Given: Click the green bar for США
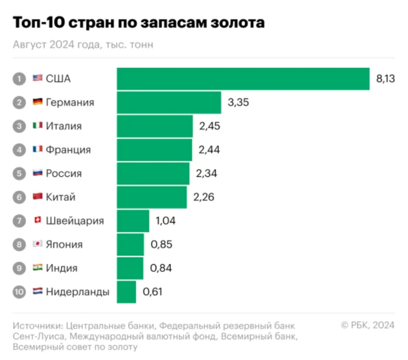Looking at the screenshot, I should click(243, 78).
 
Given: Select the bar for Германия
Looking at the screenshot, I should click(169, 102).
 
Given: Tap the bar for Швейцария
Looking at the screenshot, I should click(133, 221).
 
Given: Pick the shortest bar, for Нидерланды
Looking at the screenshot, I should click(126, 292).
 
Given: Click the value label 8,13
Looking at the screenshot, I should click(384, 78).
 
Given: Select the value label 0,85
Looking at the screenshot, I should click(160, 245).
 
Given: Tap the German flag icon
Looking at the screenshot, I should click(37, 102).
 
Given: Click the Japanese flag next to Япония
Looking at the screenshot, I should click(37, 245).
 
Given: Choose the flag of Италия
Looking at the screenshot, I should click(37, 126).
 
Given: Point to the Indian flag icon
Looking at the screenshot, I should click(37, 268).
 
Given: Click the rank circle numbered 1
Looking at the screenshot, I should click(19, 78).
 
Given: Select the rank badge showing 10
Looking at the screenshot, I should click(19, 292).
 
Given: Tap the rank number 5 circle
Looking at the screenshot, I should click(19, 173).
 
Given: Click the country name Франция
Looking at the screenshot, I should click(68, 150).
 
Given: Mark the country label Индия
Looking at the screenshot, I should click(62, 268).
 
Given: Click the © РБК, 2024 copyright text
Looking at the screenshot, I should click(367, 325).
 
